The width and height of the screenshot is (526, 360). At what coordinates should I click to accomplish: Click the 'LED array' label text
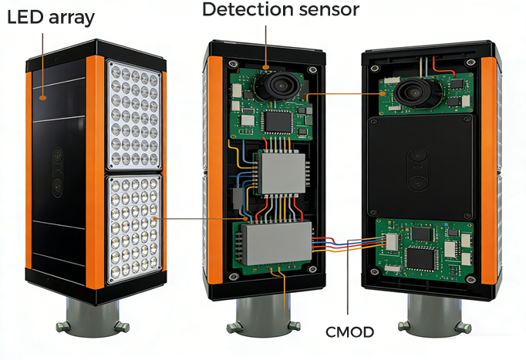(x=51, y=18)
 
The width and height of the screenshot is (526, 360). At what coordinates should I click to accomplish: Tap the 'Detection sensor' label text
(x=281, y=9)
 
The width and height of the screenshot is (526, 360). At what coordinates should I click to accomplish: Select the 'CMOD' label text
(x=349, y=332)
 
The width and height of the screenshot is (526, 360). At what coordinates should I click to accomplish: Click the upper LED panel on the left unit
(x=134, y=115)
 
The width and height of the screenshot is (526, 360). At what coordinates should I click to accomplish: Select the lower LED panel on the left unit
(x=133, y=229)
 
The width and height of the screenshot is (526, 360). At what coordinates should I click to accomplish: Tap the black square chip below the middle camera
(x=278, y=122)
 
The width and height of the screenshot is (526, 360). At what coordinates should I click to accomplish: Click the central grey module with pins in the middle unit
(x=281, y=173)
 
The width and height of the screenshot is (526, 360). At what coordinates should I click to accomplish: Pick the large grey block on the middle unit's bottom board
(x=276, y=243)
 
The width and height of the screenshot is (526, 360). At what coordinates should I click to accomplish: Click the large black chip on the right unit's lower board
(x=421, y=259)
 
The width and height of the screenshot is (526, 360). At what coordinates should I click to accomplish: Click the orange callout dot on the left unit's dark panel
(x=42, y=98)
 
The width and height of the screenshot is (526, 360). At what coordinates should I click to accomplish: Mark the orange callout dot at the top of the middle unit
(x=265, y=67)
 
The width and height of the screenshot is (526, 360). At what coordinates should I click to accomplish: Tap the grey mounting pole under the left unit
(x=93, y=318)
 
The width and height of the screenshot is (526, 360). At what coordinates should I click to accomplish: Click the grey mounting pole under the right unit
(x=434, y=315)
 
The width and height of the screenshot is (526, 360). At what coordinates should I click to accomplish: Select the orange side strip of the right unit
(x=489, y=170)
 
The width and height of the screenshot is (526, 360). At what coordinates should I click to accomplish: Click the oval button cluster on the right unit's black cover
(x=418, y=170)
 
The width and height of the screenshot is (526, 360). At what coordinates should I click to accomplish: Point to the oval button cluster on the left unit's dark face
(x=58, y=172)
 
